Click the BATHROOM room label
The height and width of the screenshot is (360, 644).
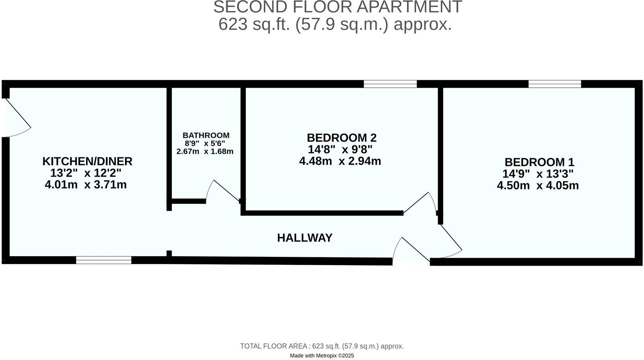(x=206, y=135)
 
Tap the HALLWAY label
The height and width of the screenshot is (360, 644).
(x=304, y=238)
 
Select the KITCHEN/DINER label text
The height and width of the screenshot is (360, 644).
(x=87, y=161)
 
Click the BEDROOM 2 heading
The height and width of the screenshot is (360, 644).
(x=342, y=138)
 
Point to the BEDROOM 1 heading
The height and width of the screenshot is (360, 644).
(x=539, y=162)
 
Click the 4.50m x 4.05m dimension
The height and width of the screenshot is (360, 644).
(x=538, y=186)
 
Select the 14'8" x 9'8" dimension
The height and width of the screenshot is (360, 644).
(x=340, y=149)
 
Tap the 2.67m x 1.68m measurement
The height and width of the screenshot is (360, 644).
(x=205, y=151)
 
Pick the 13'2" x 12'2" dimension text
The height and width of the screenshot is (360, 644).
(x=86, y=173)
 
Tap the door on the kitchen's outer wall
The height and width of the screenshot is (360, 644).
(x=16, y=117)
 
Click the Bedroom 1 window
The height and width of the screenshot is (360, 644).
(x=554, y=84)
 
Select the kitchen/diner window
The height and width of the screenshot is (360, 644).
(x=104, y=260)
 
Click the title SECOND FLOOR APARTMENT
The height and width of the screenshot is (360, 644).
(x=337, y=7)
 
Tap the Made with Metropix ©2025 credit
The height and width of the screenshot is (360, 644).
(x=322, y=356)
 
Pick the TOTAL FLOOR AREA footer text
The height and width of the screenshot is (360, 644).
(x=322, y=346)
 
